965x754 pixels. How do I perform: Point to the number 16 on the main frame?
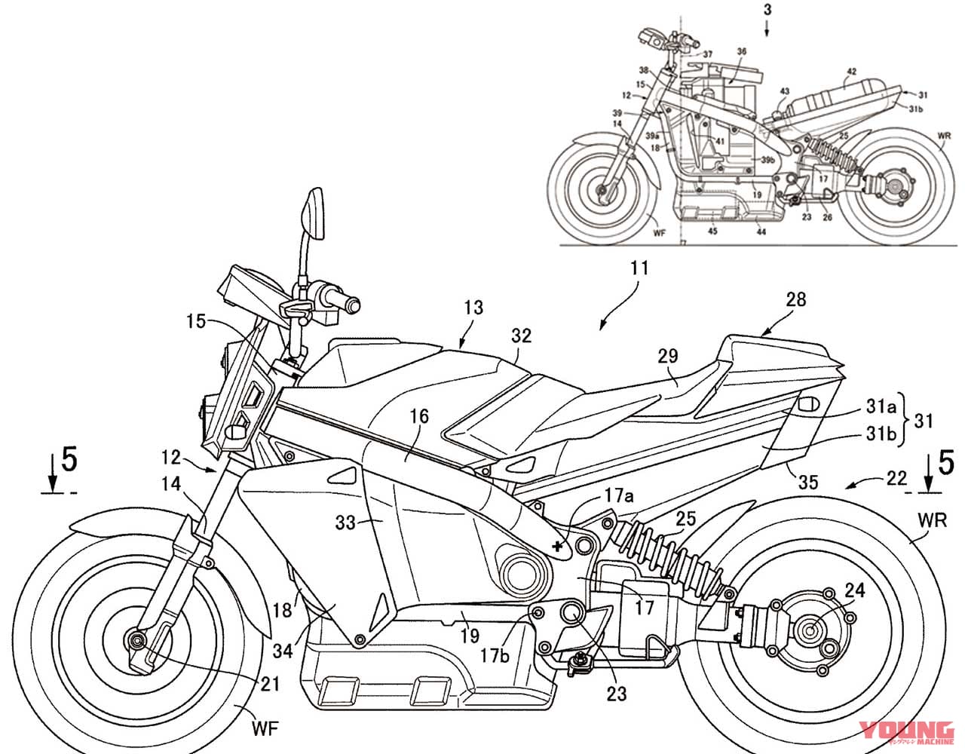click(418, 415)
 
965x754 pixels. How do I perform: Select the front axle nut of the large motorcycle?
click(137, 640)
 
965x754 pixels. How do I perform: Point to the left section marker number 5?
click(69, 460)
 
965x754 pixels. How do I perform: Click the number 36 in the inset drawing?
click(741, 52)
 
